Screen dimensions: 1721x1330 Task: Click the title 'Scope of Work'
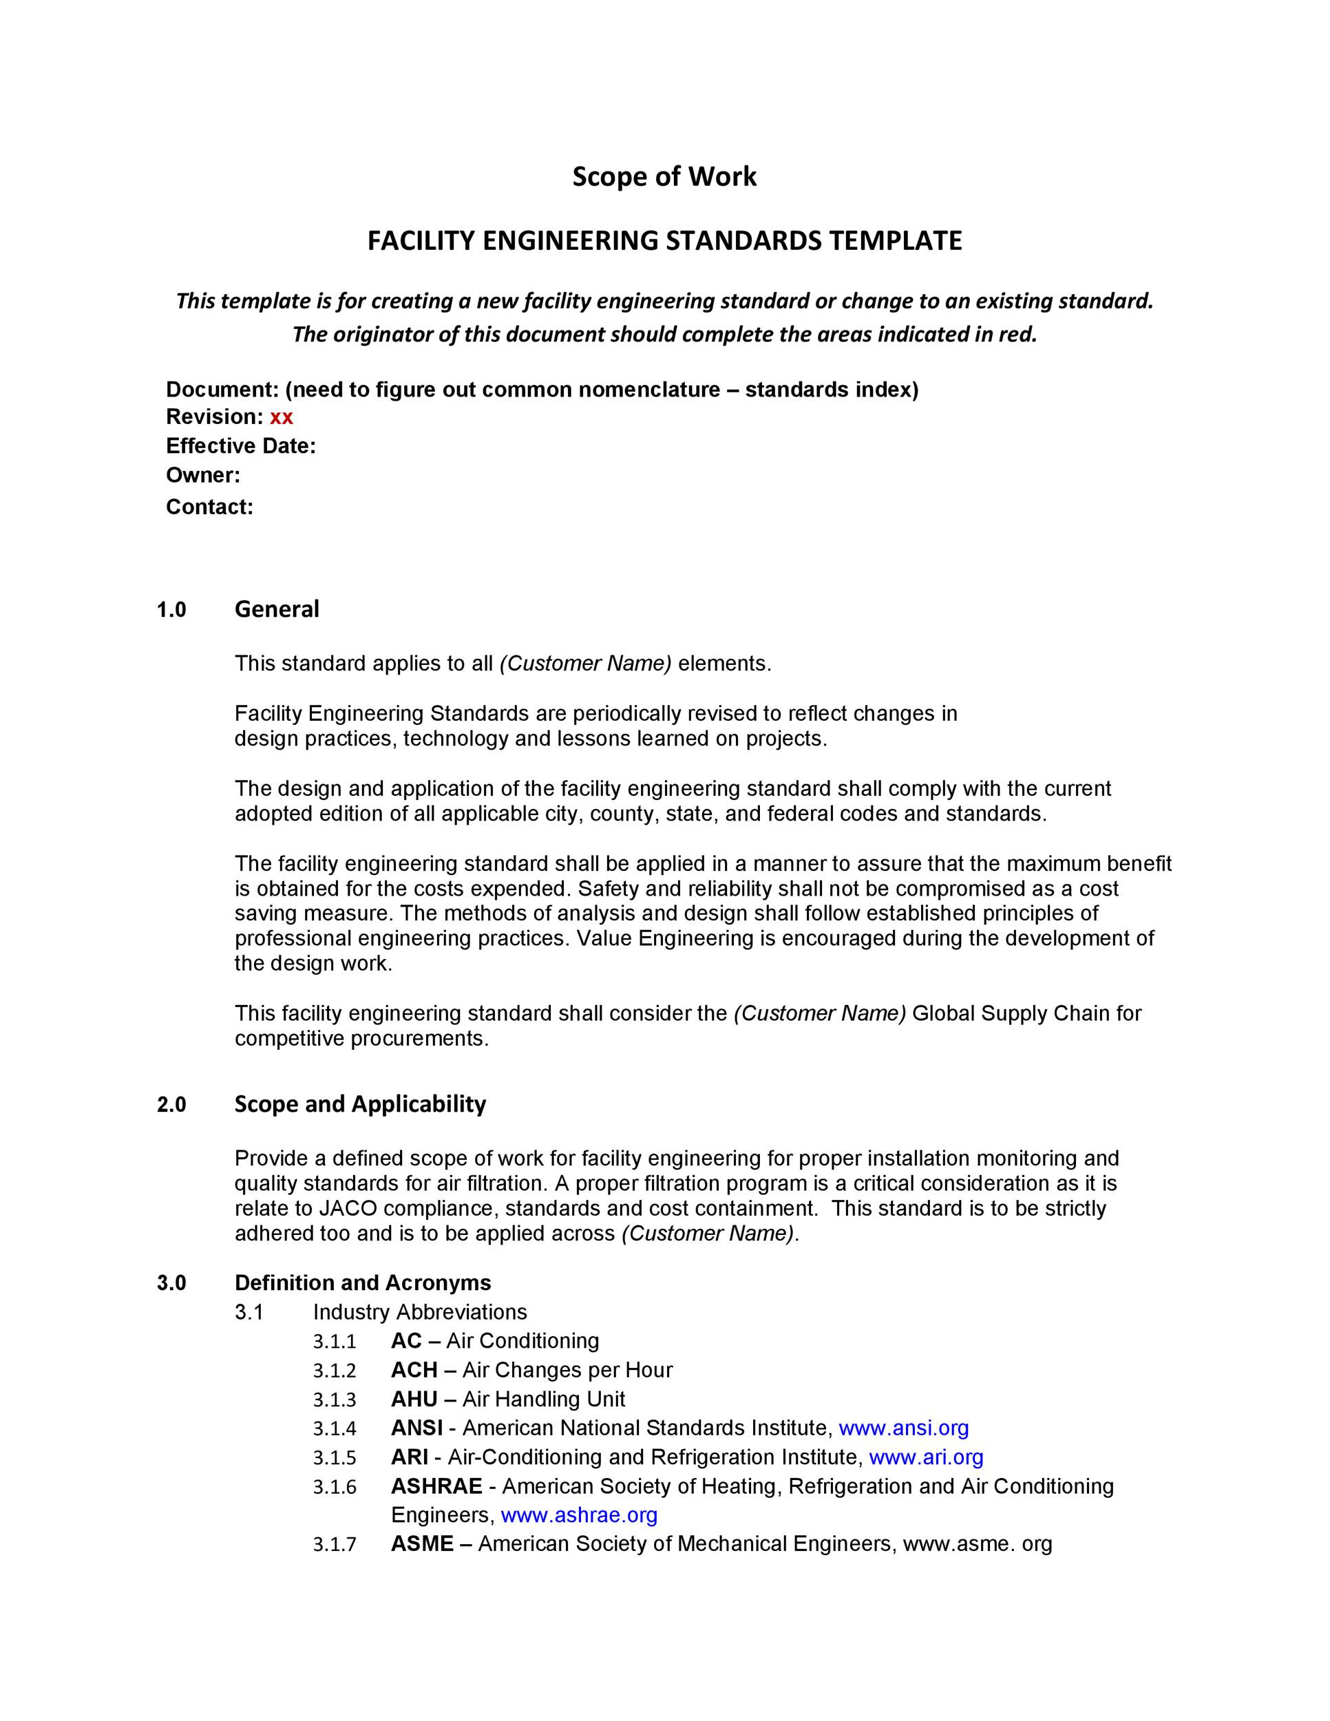664,176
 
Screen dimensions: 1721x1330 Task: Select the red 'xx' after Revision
282,417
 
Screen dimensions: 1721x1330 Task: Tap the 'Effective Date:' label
240,446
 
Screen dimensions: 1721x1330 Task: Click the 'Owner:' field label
202,475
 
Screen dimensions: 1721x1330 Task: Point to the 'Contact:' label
209,507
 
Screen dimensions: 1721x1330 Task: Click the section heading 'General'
277,609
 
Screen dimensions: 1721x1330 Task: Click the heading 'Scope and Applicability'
360,1104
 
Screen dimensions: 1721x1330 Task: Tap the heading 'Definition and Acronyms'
362,1283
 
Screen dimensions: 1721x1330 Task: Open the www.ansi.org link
904,1428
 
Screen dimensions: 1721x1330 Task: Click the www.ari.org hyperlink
926,1457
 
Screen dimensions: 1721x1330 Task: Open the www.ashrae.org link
579,1514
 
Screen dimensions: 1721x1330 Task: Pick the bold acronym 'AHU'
414,1399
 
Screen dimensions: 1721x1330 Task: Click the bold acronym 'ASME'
421,1543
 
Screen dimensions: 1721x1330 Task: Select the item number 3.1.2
334,1371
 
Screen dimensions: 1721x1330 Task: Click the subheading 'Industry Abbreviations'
419,1312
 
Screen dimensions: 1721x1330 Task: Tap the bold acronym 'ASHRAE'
436,1486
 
